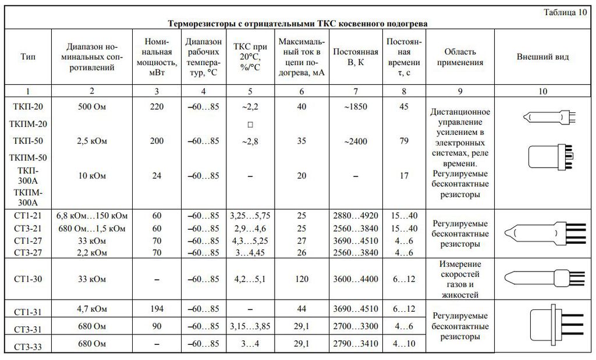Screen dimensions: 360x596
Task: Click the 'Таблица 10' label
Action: tap(566, 13)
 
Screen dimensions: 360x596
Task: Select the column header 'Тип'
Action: tap(27, 57)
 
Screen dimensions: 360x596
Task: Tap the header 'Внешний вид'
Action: tap(543, 57)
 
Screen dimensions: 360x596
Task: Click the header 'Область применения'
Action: tap(460, 57)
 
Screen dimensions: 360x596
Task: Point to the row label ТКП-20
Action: tap(27, 107)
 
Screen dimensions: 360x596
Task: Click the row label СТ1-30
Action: tap(27, 279)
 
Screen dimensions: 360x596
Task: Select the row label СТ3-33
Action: tap(27, 347)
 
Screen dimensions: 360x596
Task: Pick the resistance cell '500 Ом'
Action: tap(92, 107)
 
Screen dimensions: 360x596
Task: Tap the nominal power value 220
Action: tap(157, 107)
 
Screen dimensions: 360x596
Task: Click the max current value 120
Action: tap(301, 279)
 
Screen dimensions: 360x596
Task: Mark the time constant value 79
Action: tap(405, 141)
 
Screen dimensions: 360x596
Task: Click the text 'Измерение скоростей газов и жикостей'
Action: tap(460, 279)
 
